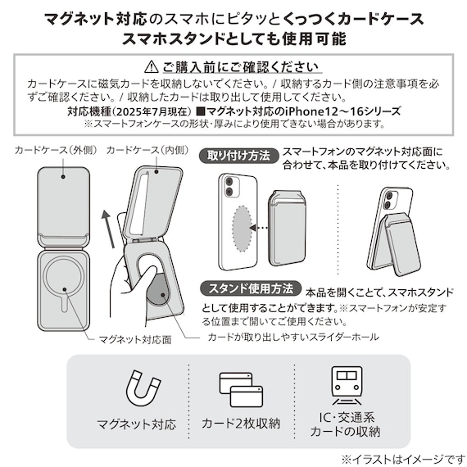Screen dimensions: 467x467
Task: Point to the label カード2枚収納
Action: pyautogui.click(x=240, y=424)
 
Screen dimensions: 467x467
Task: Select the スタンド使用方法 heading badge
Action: pyautogui.click(x=249, y=290)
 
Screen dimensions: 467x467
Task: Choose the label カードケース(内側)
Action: pyautogui.click(x=147, y=151)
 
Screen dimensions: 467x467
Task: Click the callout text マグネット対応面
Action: pyautogui.click(x=134, y=338)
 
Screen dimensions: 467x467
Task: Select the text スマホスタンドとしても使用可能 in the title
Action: pyautogui.click(x=233, y=38)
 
